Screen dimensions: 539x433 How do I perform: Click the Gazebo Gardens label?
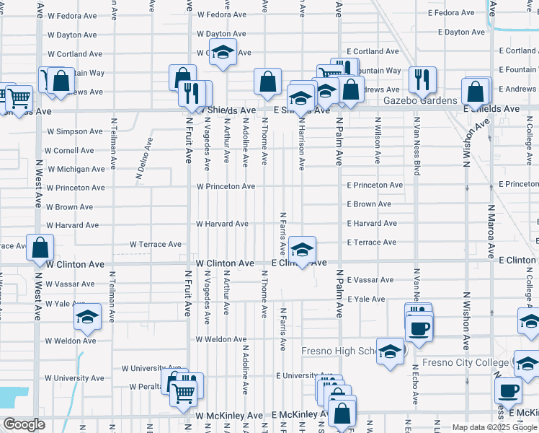(x=419, y=100)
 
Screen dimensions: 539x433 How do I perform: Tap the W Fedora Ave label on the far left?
(x=72, y=15)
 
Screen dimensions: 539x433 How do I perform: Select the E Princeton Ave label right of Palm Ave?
(x=375, y=185)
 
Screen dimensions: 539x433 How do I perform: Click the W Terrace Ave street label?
(x=156, y=245)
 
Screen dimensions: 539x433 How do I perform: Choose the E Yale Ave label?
(x=366, y=299)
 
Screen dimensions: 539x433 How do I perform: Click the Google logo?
(x=24, y=424)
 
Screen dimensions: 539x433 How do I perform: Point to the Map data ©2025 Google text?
(x=494, y=427)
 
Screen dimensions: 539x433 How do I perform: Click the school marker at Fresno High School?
(x=390, y=351)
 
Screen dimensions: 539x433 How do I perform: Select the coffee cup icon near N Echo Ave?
(x=419, y=329)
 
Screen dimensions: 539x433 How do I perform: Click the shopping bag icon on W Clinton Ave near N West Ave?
(x=40, y=247)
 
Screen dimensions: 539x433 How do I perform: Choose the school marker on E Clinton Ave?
(x=303, y=249)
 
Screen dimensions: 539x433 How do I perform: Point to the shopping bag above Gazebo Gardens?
(x=475, y=92)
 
